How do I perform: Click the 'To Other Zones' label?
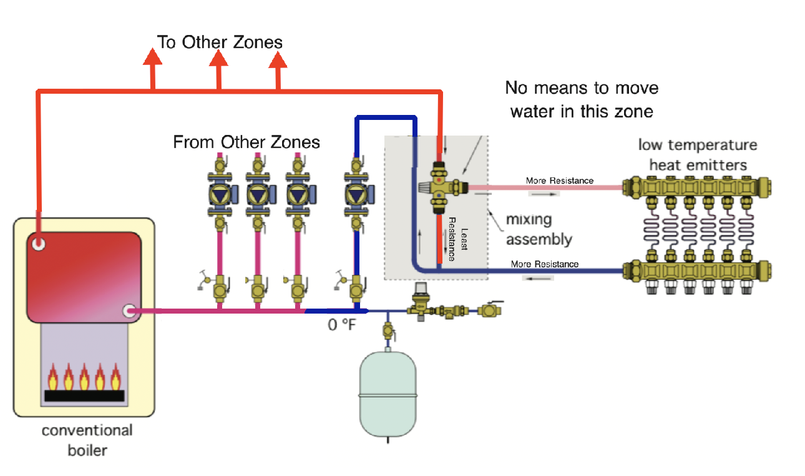pos(220,42)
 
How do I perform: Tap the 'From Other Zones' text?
pos(246,142)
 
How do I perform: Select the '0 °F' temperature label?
pos(341,325)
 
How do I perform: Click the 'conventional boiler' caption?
pos(87,440)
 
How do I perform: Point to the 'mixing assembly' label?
pos(539,229)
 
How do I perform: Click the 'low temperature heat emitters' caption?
pos(697,155)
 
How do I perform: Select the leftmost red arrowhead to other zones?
pos(152,57)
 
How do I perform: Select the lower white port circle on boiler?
pos(130,310)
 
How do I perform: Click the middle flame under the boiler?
pos(84,377)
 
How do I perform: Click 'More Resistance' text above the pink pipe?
pos(559,181)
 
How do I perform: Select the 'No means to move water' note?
pos(582,99)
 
